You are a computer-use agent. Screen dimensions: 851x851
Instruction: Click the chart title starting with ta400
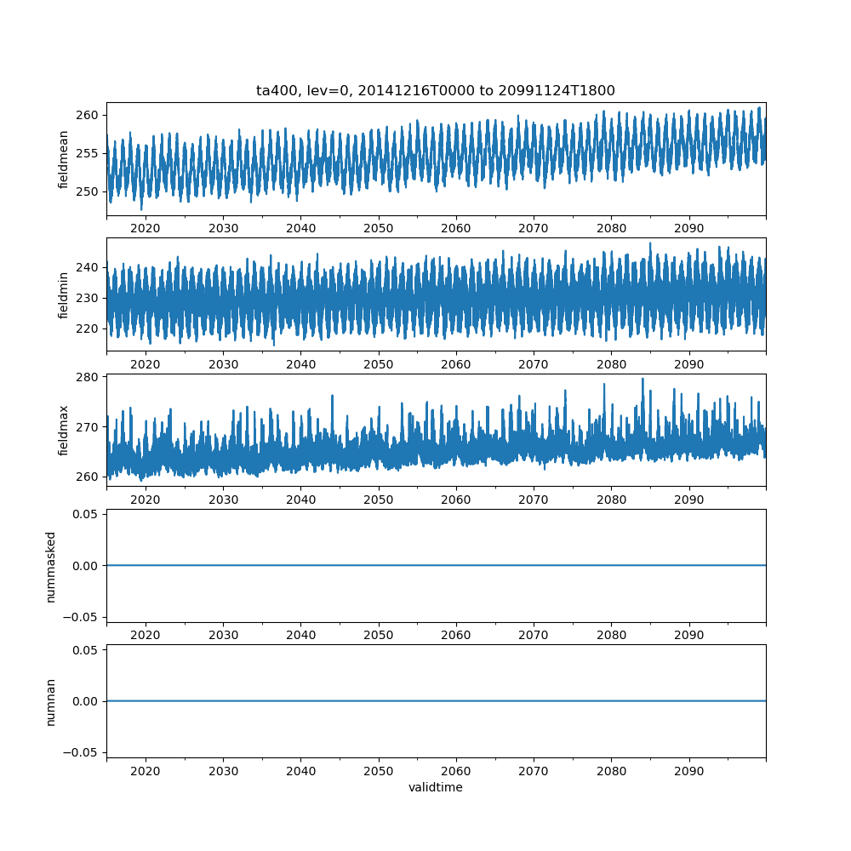pos(436,90)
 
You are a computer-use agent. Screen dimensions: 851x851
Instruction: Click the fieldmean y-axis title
pos(64,159)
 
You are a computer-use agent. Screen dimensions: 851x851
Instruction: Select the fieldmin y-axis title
pos(64,294)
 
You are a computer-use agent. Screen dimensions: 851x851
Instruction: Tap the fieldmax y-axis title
pos(64,430)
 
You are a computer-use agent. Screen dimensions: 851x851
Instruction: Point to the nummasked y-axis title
pos(51,566)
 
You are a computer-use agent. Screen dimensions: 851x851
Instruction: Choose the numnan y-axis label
pos(51,701)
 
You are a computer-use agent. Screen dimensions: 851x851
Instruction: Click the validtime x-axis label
pos(436,787)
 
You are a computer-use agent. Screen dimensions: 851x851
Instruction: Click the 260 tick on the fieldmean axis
pos(89,115)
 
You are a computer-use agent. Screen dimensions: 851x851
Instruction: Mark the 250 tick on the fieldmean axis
pos(89,191)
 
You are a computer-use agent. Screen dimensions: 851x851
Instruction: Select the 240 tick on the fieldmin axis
pos(89,267)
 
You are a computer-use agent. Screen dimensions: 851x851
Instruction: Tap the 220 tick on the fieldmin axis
pos(89,328)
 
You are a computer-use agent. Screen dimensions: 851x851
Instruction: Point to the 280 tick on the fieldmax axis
pos(89,376)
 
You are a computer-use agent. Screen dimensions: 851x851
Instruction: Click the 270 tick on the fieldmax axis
pos(89,426)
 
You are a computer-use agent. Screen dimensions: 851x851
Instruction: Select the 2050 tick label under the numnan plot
pos(378,771)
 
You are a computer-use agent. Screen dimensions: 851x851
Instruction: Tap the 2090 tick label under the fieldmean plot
pos(688,228)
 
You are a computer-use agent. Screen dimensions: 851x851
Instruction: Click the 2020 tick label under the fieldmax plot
pos(146,500)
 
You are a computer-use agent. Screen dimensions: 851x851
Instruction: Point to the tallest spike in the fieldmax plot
pos(643,379)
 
